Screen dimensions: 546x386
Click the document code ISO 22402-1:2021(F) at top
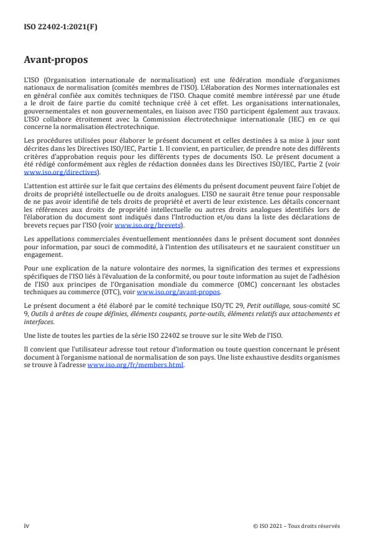(60, 27)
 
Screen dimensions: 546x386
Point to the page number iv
(26, 525)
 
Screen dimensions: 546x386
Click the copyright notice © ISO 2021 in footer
(296, 525)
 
